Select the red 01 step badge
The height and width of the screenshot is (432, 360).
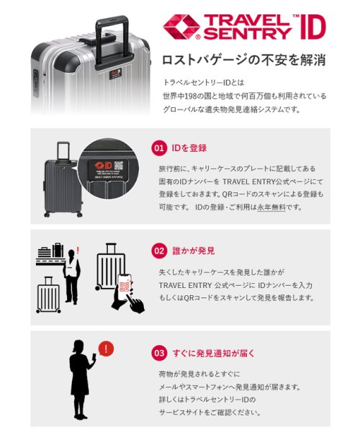tap(159, 148)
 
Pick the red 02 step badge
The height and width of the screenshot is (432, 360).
tap(159, 251)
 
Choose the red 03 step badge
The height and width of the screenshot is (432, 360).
tap(159, 354)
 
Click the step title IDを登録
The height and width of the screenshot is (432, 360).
tap(188, 148)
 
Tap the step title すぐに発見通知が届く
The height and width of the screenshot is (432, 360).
tap(215, 354)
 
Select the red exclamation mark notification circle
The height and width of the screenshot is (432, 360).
tap(107, 349)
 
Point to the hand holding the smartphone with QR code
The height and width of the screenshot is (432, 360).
tap(127, 292)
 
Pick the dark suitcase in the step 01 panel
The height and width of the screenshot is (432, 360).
tap(60, 180)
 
